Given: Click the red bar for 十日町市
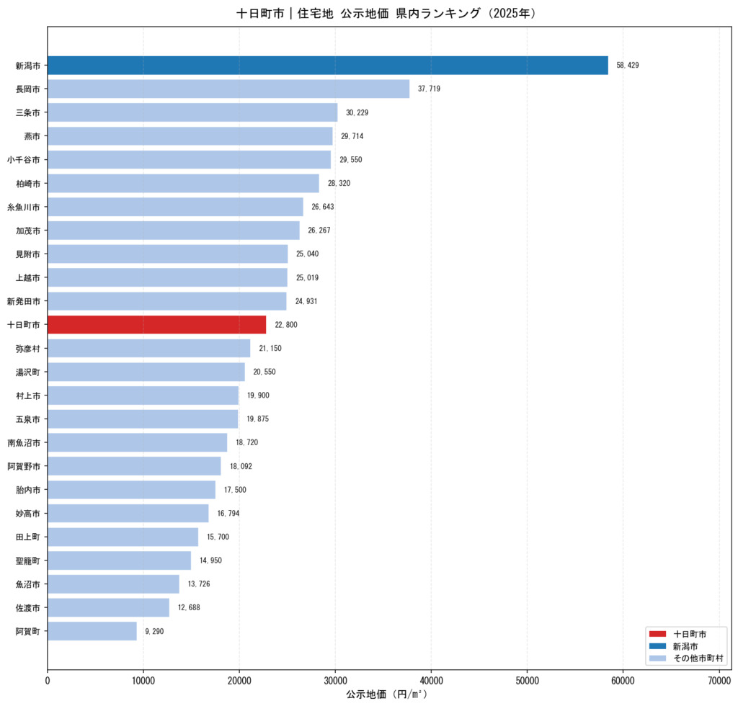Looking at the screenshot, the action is (x=156, y=324).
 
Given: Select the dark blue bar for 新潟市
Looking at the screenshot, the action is (x=328, y=66).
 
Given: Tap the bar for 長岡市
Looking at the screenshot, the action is (x=228, y=89).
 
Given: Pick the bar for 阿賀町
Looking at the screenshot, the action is (x=92, y=631).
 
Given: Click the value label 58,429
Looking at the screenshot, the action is (x=628, y=66).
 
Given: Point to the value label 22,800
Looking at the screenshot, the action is (x=285, y=324).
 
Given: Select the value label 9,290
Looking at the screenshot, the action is (x=154, y=631).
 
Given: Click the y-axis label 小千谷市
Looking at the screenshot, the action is (x=24, y=160).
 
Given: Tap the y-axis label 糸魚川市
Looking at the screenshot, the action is (x=24, y=207).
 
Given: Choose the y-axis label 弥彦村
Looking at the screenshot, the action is (x=28, y=349).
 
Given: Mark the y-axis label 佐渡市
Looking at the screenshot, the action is (x=28, y=608).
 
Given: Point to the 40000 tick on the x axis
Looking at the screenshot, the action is (x=431, y=681).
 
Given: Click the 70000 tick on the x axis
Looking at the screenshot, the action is (x=719, y=681).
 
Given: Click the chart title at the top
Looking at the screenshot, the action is (x=386, y=13).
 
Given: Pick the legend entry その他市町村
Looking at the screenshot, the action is (x=698, y=658).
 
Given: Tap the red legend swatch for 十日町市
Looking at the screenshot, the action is (x=657, y=634).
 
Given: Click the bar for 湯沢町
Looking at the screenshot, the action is (x=146, y=372).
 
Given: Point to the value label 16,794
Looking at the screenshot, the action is (x=228, y=513).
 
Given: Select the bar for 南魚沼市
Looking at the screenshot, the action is (x=138, y=442).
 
